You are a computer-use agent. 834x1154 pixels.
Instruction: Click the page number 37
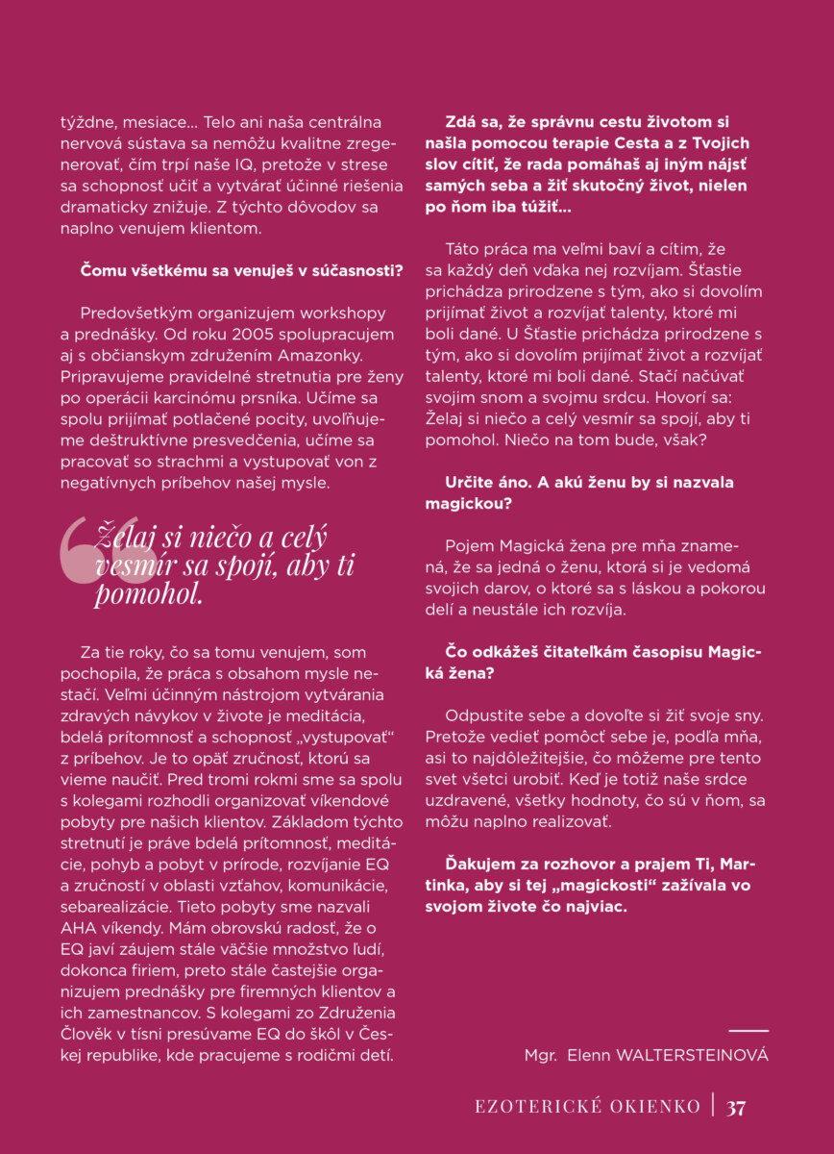tap(735, 1106)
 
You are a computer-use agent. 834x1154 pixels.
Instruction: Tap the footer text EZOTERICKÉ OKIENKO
tap(587, 1106)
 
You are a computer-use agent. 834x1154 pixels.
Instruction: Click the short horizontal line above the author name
tap(748, 1030)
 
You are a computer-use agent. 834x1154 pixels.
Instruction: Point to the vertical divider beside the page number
tap(713, 1106)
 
